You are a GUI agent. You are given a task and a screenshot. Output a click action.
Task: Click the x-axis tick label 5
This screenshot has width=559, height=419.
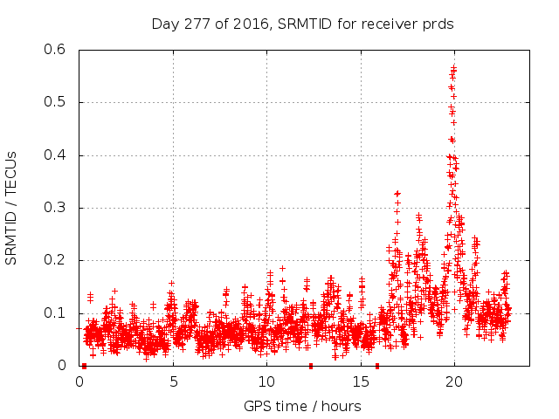point(173,381)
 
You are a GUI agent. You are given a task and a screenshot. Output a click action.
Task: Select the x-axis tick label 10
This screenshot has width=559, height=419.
point(266,381)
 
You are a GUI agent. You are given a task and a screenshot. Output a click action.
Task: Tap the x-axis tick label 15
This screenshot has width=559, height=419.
point(361,381)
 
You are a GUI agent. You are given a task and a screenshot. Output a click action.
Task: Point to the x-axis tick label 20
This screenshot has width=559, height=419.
point(454,381)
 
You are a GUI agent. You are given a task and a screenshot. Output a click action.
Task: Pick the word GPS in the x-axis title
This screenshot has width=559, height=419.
point(258,406)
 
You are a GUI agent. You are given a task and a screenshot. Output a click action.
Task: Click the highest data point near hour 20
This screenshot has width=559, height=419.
point(454,67)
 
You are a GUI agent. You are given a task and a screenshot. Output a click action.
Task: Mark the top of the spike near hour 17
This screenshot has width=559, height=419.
point(397,193)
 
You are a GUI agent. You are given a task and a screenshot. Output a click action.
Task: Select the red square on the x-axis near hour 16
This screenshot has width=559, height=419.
point(377,366)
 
